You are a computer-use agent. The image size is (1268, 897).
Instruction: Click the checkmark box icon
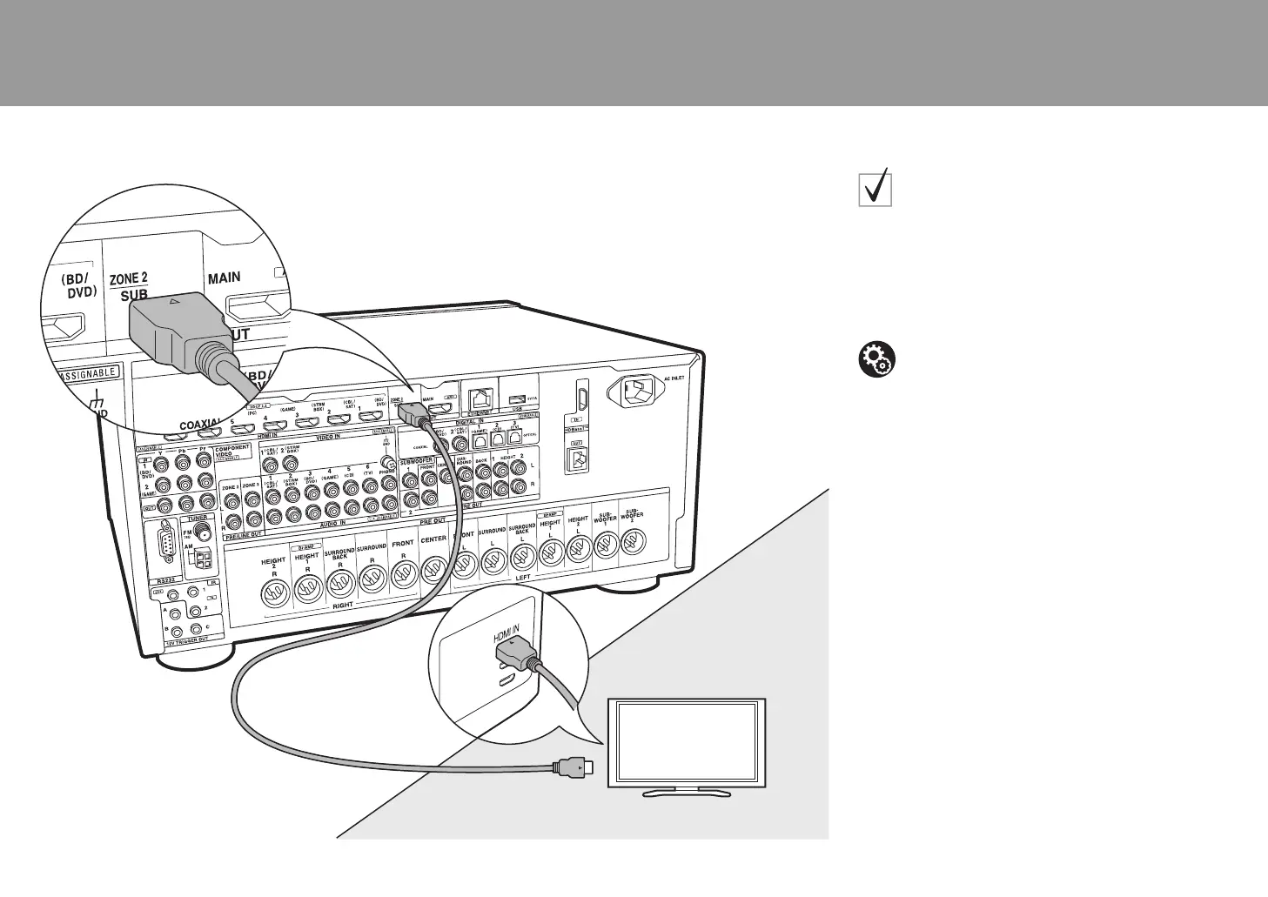[875, 187]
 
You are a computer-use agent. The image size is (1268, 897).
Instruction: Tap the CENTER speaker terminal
[433, 570]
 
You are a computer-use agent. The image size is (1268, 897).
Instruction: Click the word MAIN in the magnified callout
[224, 278]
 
